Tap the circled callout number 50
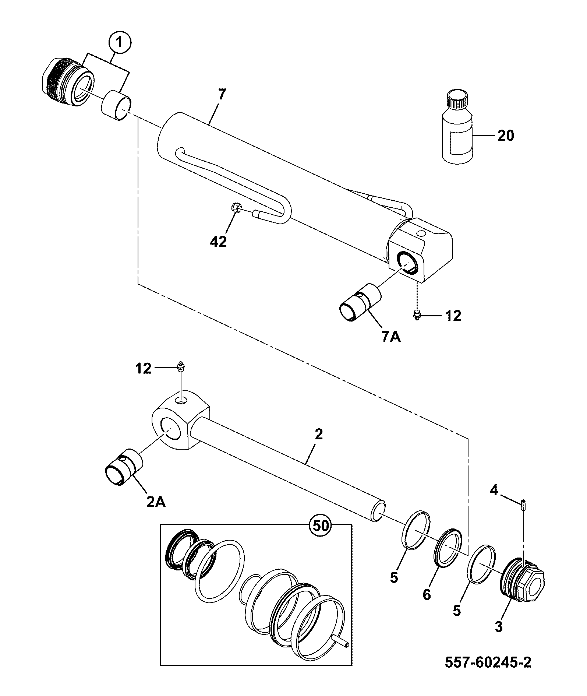(x=320, y=525)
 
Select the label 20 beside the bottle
(x=505, y=136)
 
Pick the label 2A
(x=156, y=502)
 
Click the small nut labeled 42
(x=236, y=209)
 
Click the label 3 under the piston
(x=499, y=627)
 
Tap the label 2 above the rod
(x=319, y=435)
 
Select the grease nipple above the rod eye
(x=181, y=367)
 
